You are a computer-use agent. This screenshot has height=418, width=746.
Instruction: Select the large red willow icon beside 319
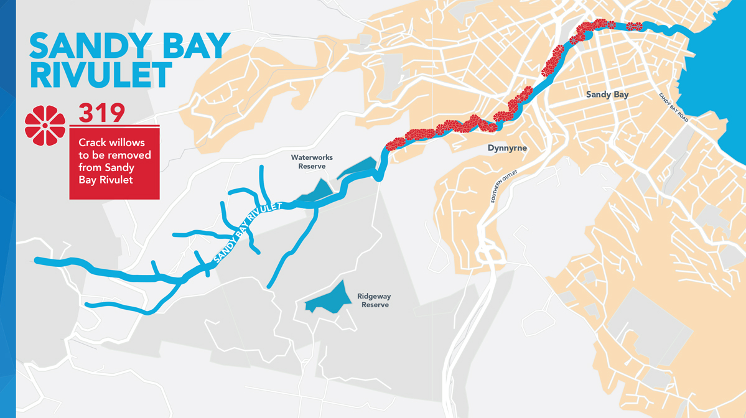click(x=45, y=125)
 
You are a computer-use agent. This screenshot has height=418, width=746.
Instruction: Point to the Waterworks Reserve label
click(x=312, y=162)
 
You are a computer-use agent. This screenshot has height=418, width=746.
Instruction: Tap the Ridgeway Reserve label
click(x=374, y=300)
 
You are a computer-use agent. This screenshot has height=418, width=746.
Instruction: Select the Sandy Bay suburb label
click(x=607, y=95)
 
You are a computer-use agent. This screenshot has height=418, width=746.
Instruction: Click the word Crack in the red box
click(x=91, y=143)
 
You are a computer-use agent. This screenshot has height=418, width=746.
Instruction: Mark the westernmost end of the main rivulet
click(x=37, y=261)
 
